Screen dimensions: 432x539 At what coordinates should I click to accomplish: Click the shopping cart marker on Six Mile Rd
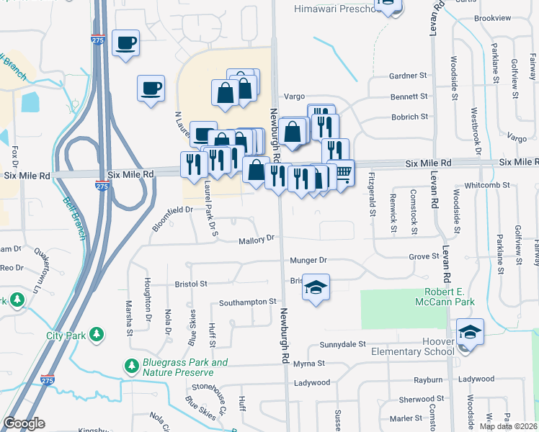(343, 172)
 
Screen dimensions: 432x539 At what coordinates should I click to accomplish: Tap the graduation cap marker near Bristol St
(316, 287)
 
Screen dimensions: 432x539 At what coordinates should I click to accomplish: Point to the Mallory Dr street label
(257, 238)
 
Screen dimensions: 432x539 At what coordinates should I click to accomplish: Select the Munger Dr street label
(308, 260)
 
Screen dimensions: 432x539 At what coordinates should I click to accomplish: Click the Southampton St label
(248, 302)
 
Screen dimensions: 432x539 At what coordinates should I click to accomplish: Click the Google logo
(24, 423)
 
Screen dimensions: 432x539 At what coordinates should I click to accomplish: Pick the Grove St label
(424, 256)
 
